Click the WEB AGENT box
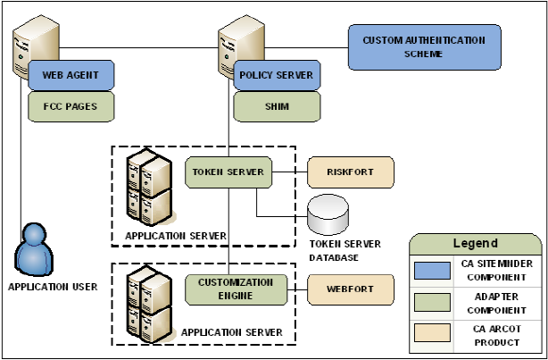tap(71, 75)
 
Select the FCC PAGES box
tap(71, 106)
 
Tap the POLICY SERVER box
tap(277, 75)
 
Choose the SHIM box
tap(277, 106)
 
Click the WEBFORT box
tap(350, 289)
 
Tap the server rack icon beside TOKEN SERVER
tap(149, 189)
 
